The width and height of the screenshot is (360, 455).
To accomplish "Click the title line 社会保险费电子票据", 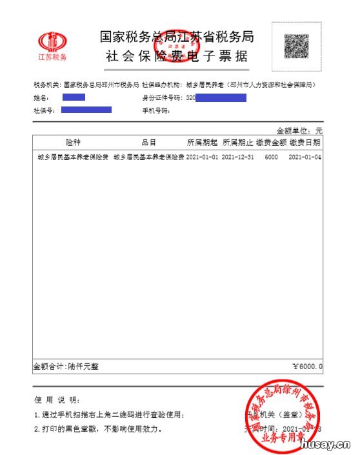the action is pos(177,56).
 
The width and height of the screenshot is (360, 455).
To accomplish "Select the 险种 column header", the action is pos(73,142).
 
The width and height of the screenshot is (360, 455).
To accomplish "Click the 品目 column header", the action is pos(149,142).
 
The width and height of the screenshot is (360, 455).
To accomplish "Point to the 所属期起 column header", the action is pos(203,142).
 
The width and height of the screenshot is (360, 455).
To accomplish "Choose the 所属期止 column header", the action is pos(237,142).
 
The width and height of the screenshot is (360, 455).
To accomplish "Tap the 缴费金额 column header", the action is pos(271,142).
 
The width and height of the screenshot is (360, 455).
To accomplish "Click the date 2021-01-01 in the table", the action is pos(203,157).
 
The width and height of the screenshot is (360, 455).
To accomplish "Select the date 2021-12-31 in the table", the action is pos(237,157).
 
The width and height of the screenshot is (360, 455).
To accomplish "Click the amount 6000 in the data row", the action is pos(271,157).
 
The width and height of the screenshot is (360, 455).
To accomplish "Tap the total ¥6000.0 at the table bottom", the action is pos(306,367).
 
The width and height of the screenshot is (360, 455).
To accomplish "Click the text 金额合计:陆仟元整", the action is pos(66,367).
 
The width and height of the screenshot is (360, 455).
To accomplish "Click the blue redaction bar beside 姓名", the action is pos(74,97).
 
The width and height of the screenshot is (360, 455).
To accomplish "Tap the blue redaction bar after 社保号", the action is pos(86,110).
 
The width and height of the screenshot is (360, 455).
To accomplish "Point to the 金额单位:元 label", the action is pos(299,130).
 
